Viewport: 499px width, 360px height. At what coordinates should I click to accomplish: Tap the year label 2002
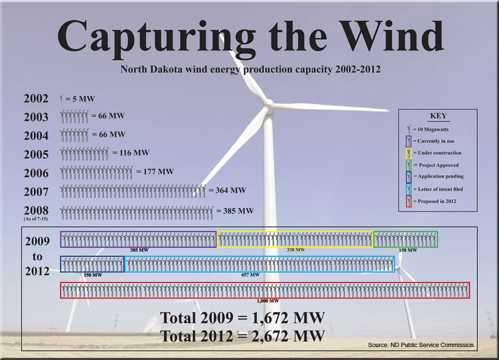36,99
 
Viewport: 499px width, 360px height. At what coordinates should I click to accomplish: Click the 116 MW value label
131,153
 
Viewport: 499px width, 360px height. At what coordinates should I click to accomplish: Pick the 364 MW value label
227,190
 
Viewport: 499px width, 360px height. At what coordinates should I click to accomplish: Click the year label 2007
36,191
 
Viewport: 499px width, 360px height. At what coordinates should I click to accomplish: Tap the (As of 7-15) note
36,218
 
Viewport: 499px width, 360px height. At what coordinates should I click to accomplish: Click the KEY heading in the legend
439,116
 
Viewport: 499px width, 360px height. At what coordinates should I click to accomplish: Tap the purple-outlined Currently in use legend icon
409,141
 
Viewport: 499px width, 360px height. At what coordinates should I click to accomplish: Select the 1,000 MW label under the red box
267,301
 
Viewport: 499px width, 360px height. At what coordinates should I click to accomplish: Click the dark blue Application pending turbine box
92,264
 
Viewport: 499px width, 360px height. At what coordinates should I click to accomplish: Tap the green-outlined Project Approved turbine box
405,239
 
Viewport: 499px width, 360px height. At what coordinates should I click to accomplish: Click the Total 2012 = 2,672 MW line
243,335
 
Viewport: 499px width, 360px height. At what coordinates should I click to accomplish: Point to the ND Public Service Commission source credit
420,345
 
